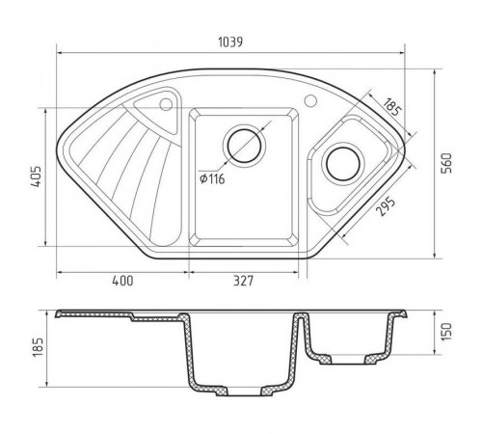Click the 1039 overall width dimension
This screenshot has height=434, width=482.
click(x=230, y=42)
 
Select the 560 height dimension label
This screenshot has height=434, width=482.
click(x=446, y=163)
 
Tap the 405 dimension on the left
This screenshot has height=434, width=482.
click(x=36, y=176)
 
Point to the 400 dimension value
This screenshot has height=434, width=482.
click(x=122, y=281)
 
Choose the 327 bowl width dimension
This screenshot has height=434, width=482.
click(x=243, y=281)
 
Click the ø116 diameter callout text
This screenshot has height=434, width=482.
click(x=212, y=178)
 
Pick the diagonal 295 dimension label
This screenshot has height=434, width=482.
click(x=386, y=206)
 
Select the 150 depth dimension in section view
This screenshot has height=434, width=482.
click(x=446, y=332)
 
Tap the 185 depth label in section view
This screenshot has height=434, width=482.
click(x=38, y=347)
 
